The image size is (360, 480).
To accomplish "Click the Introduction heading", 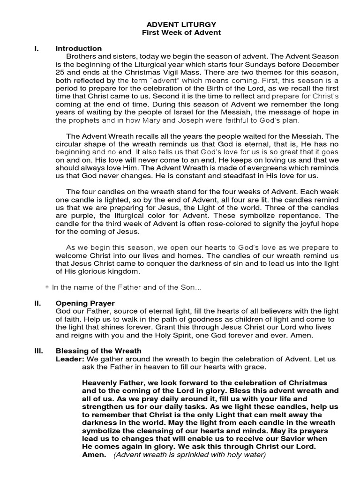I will (x=78, y=48).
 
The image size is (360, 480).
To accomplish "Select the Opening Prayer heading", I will (x=85, y=303).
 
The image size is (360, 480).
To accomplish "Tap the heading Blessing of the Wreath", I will (x=98, y=351).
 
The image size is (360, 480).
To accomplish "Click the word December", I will (x=319, y=64).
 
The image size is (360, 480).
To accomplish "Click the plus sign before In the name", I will (x=47, y=286).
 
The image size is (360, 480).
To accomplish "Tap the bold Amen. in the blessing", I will (x=94, y=455).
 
